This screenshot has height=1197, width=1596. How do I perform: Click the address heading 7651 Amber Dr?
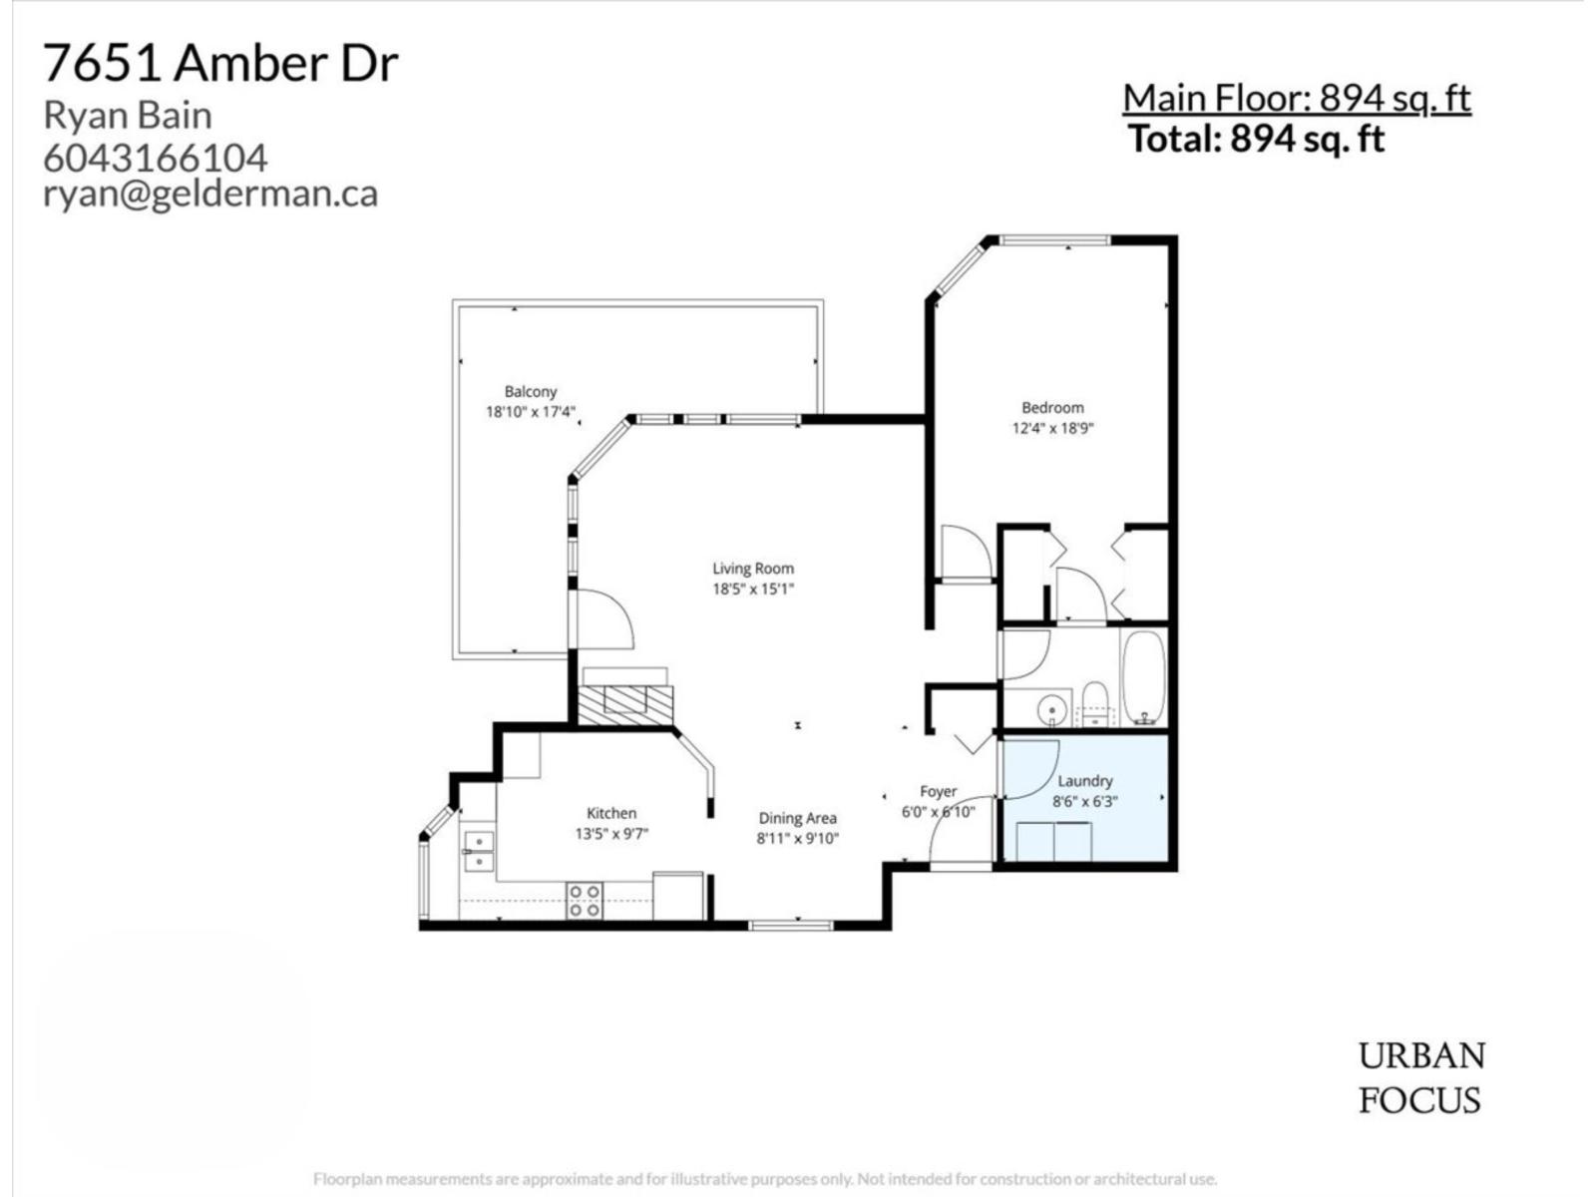pyautogui.click(x=220, y=64)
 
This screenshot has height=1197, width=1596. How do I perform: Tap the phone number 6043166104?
pyautogui.click(x=156, y=158)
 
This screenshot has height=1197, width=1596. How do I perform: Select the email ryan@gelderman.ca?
pyautogui.click(x=210, y=193)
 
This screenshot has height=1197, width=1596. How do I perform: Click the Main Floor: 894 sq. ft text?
pyautogui.click(x=1297, y=98)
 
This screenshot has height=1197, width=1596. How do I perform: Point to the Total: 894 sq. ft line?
pyautogui.click(x=1256, y=139)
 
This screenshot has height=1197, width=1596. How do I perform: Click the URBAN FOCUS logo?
pyautogui.click(x=1420, y=1077)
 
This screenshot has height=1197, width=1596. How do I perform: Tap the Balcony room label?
pyautogui.click(x=530, y=392)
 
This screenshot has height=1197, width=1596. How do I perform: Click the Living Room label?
pyautogui.click(x=753, y=569)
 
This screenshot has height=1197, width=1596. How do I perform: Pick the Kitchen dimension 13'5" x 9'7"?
pyautogui.click(x=611, y=834)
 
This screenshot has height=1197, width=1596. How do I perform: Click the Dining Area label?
pyautogui.click(x=797, y=818)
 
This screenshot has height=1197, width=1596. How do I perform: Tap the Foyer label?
pyautogui.click(x=938, y=791)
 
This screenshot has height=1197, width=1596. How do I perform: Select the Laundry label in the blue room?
pyautogui.click(x=1084, y=781)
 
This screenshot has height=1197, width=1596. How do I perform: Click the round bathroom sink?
pyautogui.click(x=1051, y=710)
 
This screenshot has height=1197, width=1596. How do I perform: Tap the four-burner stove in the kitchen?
pyautogui.click(x=584, y=901)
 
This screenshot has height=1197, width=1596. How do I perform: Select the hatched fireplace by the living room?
pyautogui.click(x=625, y=703)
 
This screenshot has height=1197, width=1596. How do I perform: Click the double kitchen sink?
pyautogui.click(x=478, y=850)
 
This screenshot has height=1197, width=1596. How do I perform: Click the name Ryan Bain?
pyautogui.click(x=128, y=116)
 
